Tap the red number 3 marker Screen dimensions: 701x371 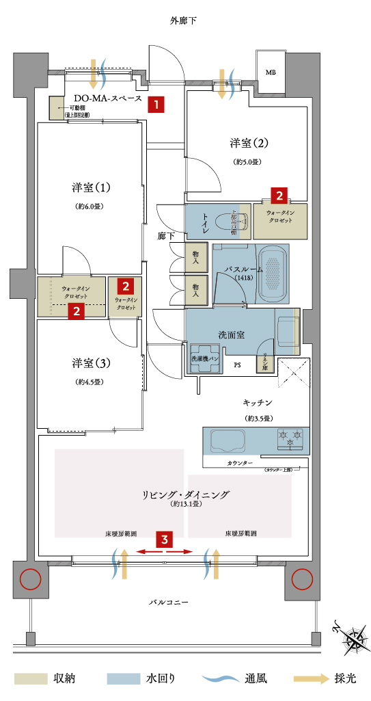(x=164, y=538)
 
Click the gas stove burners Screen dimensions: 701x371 (x=290, y=438)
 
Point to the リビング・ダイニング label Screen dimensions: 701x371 (x=186, y=494)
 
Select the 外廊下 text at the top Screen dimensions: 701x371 (x=183, y=21)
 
